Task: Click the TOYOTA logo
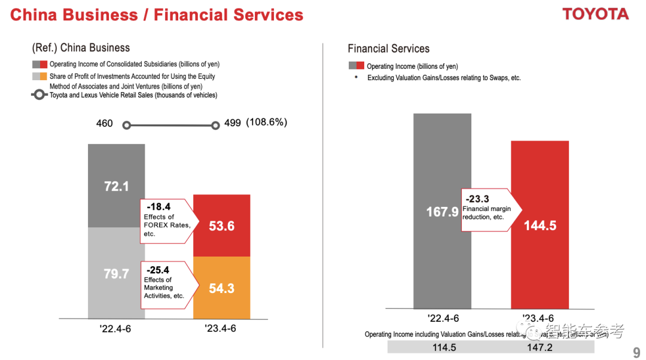595,14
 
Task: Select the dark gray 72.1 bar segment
116,185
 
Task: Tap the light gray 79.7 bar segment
116,273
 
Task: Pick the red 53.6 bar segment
221,225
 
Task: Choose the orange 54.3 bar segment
221,288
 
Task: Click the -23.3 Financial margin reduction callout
489,207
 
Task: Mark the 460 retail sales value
105,123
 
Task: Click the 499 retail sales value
233,123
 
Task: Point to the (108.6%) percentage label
266,123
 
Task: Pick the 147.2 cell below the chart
540,347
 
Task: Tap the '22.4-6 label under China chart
116,328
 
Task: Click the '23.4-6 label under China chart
221,328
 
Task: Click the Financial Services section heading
388,49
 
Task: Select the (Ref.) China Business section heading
81,48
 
